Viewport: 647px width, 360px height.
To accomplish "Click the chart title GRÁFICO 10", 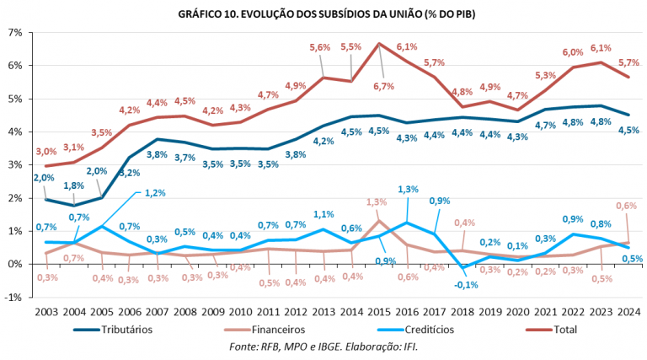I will [323, 13].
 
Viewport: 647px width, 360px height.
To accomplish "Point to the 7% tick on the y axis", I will [15, 32].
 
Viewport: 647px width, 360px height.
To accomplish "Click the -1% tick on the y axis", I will [13, 297].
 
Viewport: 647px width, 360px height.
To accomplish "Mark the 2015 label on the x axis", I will [380, 311].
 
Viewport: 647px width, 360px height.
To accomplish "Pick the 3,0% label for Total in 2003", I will [47, 152].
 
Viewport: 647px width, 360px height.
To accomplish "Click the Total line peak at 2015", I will [380, 44].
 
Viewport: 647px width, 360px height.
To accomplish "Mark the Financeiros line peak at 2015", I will [380, 221].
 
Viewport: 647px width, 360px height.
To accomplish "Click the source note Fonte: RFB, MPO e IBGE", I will [323, 347].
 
